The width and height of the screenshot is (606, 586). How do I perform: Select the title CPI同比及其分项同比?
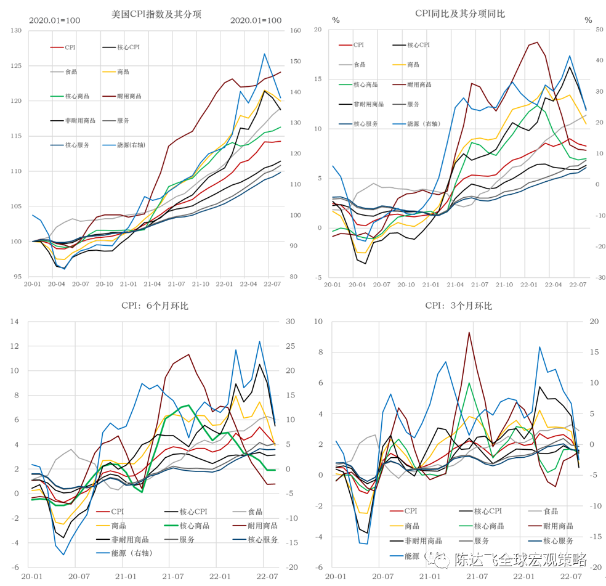click(x=459, y=14)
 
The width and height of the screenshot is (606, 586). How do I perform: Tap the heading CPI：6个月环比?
click(x=155, y=306)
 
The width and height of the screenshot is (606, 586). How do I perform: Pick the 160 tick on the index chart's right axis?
click(x=294, y=31)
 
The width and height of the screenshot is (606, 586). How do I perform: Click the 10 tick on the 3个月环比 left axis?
click(x=318, y=322)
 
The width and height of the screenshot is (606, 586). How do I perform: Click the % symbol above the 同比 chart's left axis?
click(x=336, y=20)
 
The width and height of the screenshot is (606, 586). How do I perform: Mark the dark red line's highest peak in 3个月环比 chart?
click(x=469, y=332)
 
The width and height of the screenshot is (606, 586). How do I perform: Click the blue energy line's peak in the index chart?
click(x=264, y=54)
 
